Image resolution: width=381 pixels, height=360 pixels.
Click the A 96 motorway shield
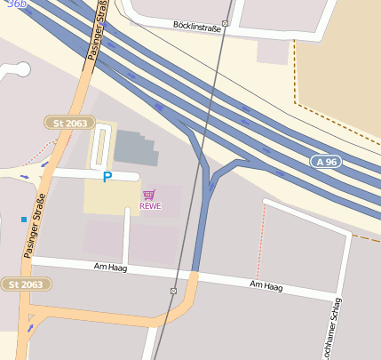click(328, 162)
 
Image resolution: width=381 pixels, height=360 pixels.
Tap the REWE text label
click(149, 206)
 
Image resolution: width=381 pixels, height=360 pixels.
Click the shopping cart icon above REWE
click(149, 194)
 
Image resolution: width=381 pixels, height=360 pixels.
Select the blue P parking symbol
click(107, 178)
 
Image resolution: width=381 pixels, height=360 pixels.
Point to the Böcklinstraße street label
click(196, 24)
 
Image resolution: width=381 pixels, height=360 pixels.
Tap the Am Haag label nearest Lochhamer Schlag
click(266, 285)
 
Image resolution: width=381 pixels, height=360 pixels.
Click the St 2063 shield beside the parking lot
click(69, 123)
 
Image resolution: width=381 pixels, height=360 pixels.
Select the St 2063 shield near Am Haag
click(25, 284)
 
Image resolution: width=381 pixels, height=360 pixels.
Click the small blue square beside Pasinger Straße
click(23, 219)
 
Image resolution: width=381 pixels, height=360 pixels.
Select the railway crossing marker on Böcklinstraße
click(225, 24)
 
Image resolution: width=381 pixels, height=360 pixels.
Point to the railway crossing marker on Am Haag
click(173, 292)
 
